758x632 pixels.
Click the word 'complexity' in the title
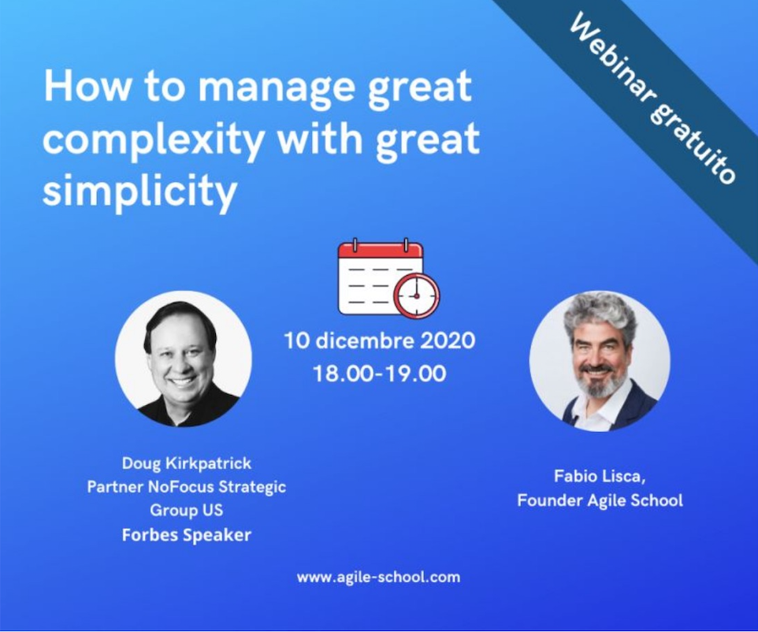(x=153, y=139)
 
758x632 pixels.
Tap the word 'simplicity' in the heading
(x=139, y=191)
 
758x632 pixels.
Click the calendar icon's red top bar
(x=381, y=251)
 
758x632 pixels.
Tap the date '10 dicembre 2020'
(x=380, y=340)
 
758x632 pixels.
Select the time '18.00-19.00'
(x=380, y=374)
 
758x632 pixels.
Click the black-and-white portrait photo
(x=184, y=359)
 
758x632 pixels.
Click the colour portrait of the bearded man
(x=600, y=361)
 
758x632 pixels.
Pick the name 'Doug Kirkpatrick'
(x=187, y=463)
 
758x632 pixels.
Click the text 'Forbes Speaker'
(x=187, y=535)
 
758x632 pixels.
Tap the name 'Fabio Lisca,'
(x=600, y=476)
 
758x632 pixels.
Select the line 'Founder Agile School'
(x=600, y=500)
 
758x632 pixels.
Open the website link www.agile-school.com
(x=378, y=577)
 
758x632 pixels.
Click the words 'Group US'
(x=187, y=510)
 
